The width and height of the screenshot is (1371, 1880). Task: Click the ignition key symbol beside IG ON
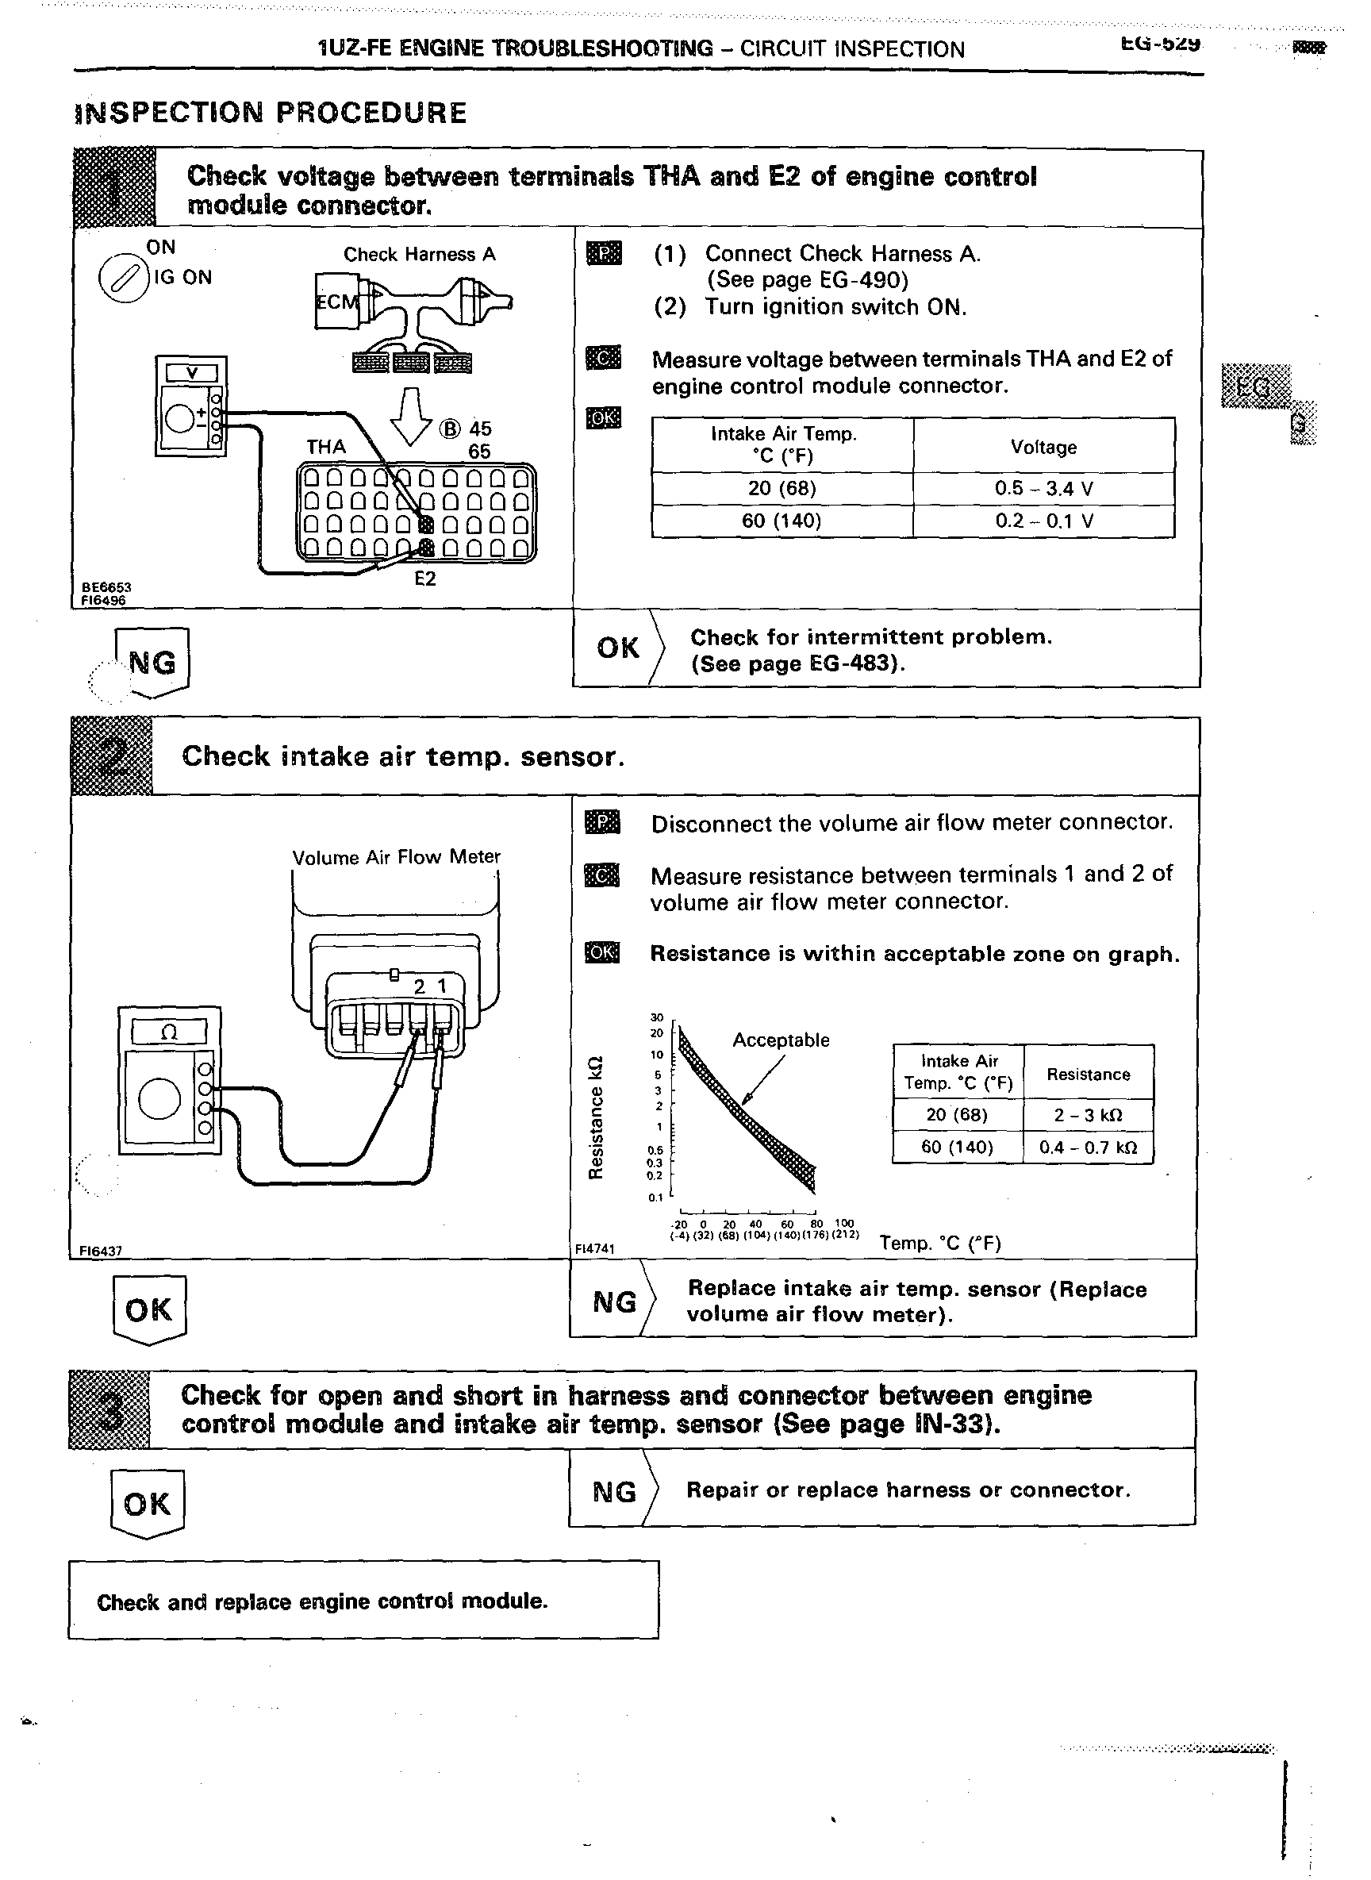[x=122, y=279]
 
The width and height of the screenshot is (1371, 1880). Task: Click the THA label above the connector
[x=326, y=448]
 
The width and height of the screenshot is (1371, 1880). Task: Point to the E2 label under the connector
[x=425, y=579]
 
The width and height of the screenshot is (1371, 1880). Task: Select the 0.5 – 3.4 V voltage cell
[x=1043, y=488]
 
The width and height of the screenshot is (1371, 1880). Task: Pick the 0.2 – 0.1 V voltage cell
[x=1043, y=521]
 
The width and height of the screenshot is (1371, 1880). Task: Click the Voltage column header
[x=1043, y=448]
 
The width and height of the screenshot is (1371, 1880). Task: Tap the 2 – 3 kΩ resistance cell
[x=1087, y=1115]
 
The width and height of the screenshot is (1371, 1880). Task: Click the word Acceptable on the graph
[x=780, y=1040]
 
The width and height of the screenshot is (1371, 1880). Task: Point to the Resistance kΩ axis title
[x=594, y=1117]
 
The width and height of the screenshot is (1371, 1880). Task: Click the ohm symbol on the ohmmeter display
[x=169, y=1032]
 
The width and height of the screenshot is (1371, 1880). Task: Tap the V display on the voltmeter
[x=192, y=374]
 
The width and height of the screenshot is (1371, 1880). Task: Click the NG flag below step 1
[x=152, y=663]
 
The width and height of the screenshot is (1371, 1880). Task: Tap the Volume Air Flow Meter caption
[x=396, y=857]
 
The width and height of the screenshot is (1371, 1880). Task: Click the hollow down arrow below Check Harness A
[x=413, y=415]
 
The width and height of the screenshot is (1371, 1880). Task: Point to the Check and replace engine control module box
[x=363, y=1601]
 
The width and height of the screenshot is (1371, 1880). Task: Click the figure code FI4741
[x=594, y=1248]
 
